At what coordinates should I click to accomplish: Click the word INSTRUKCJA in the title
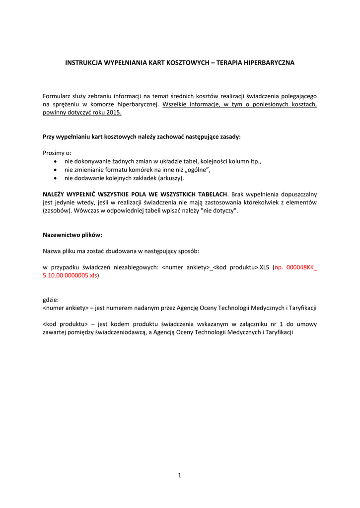point(83,63)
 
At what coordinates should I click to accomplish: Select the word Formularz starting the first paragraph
point(57,96)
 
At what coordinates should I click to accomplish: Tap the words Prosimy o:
point(57,153)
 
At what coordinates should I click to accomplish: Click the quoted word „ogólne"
point(197,170)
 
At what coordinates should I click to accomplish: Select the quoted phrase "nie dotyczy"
point(217,211)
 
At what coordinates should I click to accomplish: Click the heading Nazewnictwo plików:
point(72,235)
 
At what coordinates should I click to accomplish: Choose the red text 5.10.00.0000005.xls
point(70,275)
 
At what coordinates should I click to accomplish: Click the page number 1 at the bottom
point(180,475)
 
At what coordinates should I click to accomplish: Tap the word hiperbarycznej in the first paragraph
point(138,104)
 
